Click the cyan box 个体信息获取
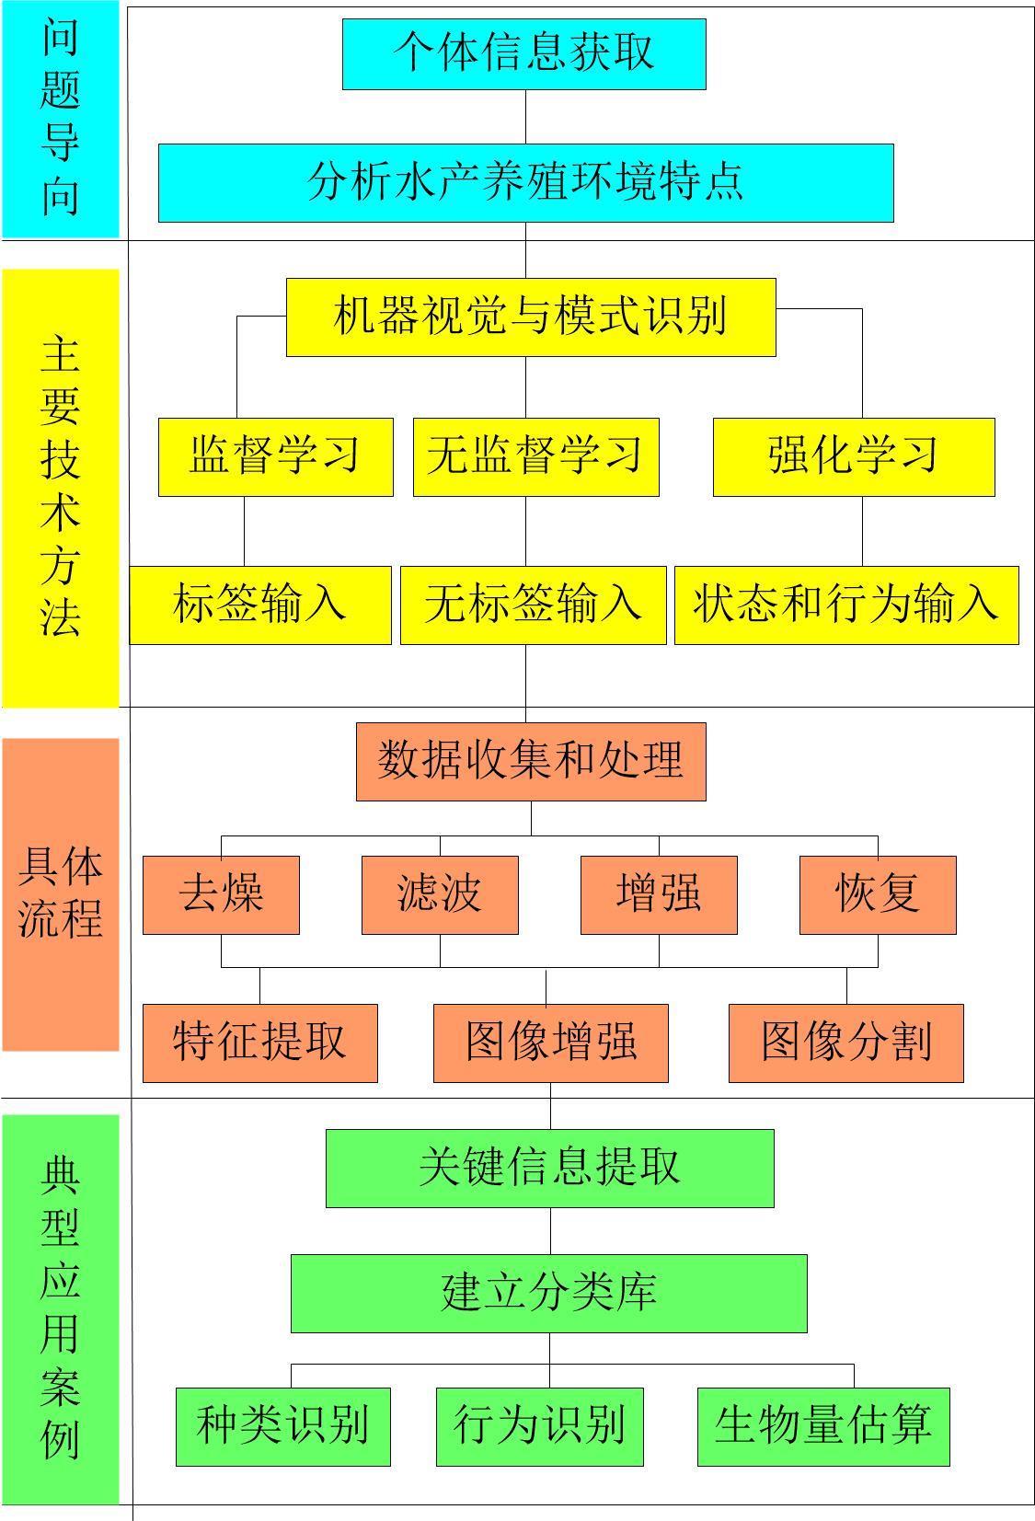(524, 54)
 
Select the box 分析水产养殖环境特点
(526, 183)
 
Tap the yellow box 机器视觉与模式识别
(531, 317)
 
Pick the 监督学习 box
(276, 457)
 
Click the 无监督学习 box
(536, 457)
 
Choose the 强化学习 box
(854, 457)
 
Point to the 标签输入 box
(260, 605)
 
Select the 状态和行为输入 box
(846, 605)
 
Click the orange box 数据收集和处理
(531, 762)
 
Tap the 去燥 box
(221, 895)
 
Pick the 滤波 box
(440, 895)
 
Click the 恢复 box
(878, 895)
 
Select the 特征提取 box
(260, 1043)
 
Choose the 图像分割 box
(846, 1043)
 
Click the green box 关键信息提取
(550, 1169)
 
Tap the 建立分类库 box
(549, 1294)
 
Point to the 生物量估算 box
(823, 1426)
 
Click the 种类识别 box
(283, 1426)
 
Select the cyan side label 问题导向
(61, 119)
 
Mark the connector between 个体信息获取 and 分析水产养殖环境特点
(526, 117)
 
